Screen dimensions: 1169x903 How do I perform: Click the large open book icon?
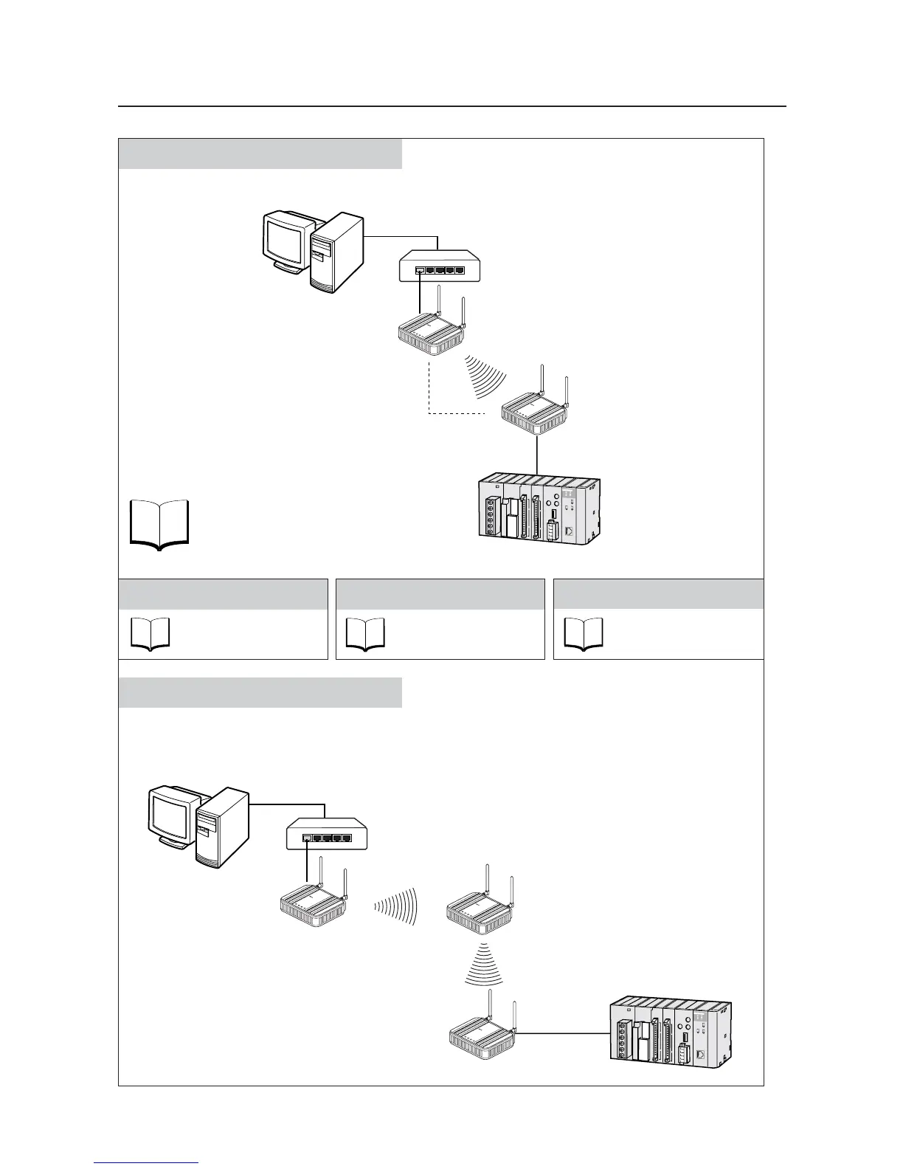[159, 524]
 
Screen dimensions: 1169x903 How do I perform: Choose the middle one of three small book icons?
[365, 634]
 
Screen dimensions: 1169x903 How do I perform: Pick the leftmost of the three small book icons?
[150, 634]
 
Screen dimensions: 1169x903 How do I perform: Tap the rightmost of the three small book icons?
[584, 634]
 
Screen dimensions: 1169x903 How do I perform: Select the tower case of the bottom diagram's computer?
[220, 827]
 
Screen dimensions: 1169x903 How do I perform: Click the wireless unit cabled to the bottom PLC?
[483, 1035]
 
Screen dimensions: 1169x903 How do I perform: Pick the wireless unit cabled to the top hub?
[429, 335]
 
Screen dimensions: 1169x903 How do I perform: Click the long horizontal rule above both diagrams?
[451, 106]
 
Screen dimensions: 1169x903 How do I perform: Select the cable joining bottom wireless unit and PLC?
[564, 1034]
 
